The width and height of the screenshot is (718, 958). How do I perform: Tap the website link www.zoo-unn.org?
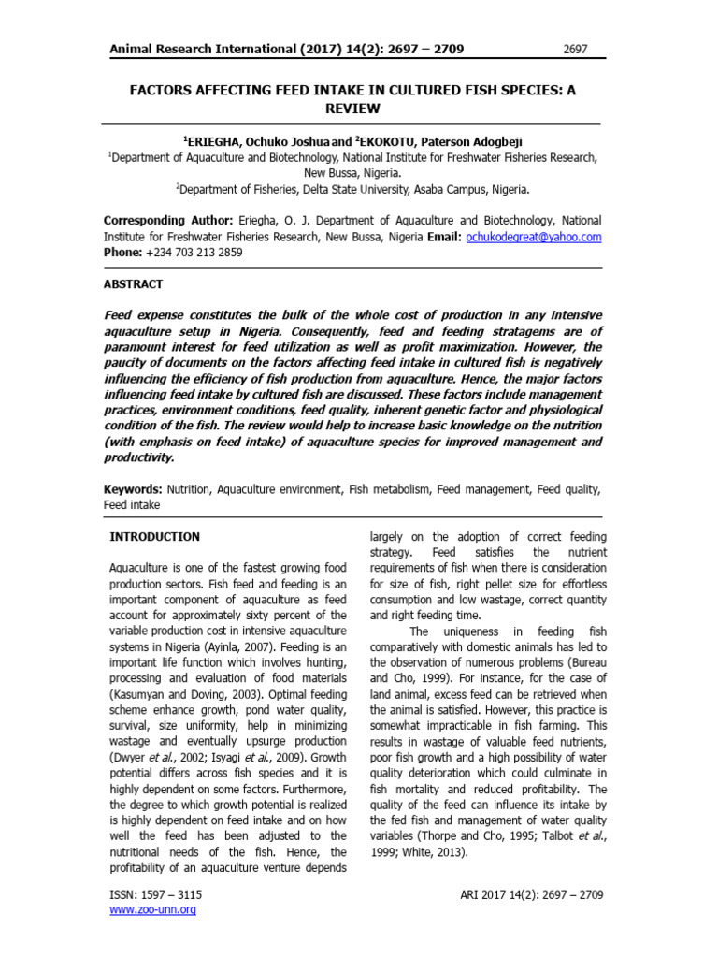153,909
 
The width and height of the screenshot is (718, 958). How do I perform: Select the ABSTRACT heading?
133,283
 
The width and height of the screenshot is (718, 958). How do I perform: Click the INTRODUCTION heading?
155,537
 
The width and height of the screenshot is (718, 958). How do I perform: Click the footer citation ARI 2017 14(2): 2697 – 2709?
532,894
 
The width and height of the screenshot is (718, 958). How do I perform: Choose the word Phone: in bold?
122,253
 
